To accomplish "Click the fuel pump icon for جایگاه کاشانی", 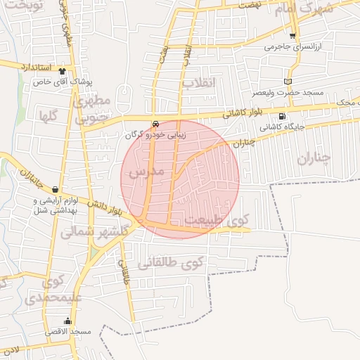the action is click(x=282, y=117).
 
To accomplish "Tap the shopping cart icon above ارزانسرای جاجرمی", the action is click(x=292, y=35).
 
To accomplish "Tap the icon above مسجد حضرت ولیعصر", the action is click(x=287, y=82).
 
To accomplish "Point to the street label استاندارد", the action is click(x=34, y=67).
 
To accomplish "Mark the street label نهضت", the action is click(x=248, y=4).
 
